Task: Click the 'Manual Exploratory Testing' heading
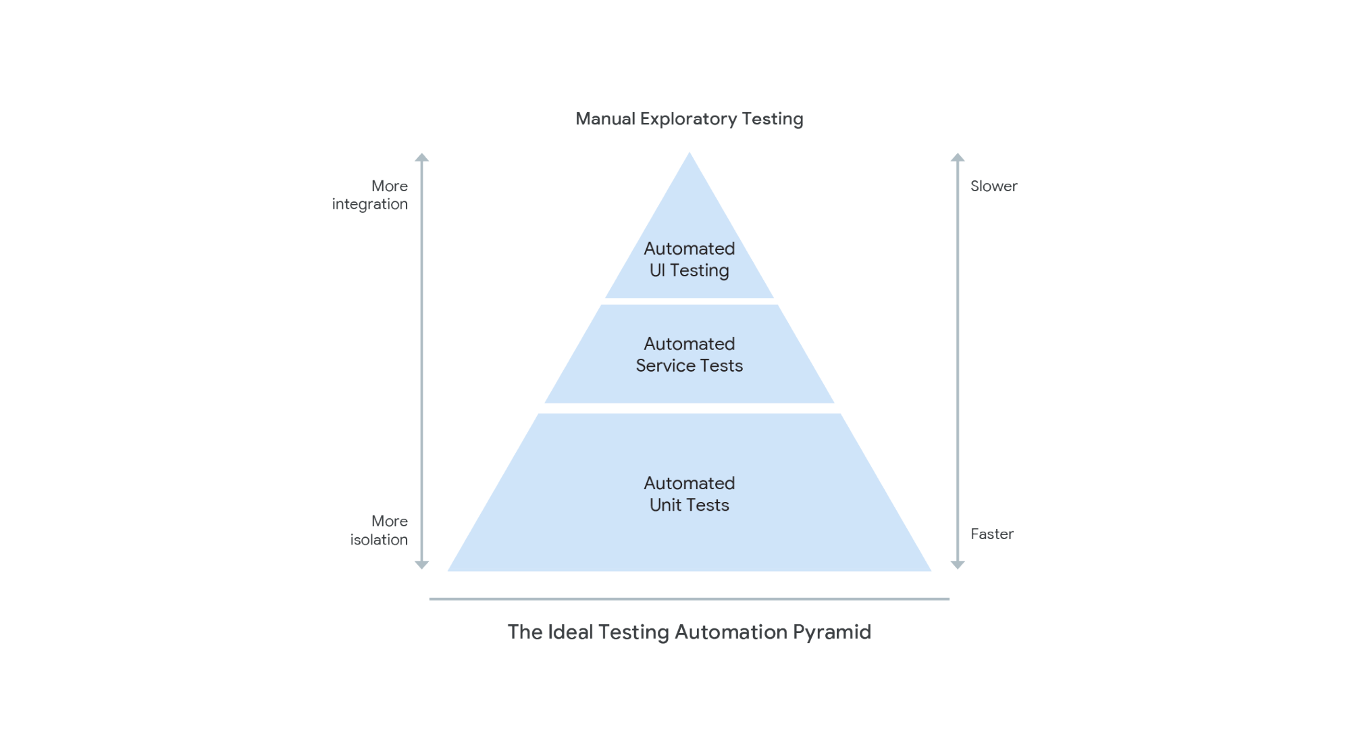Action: tap(689, 119)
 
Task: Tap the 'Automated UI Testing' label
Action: tap(689, 259)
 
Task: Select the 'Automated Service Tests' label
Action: tap(689, 355)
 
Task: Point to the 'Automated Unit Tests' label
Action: tap(689, 494)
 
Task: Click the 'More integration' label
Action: tap(370, 195)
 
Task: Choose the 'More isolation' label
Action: tap(379, 530)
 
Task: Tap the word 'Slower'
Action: tap(993, 186)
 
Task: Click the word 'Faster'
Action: tap(991, 534)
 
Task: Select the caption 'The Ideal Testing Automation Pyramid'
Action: tap(689, 632)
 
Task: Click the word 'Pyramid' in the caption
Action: tap(831, 633)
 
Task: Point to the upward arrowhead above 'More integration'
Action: tap(421, 157)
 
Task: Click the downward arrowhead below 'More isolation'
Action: tap(421, 565)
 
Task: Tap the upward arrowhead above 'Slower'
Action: tap(957, 157)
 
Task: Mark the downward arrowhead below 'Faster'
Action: tap(957, 565)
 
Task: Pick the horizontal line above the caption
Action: tap(689, 599)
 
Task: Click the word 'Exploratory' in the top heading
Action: tap(688, 120)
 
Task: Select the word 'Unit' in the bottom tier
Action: tap(665, 505)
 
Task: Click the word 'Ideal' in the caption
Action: tap(570, 632)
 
